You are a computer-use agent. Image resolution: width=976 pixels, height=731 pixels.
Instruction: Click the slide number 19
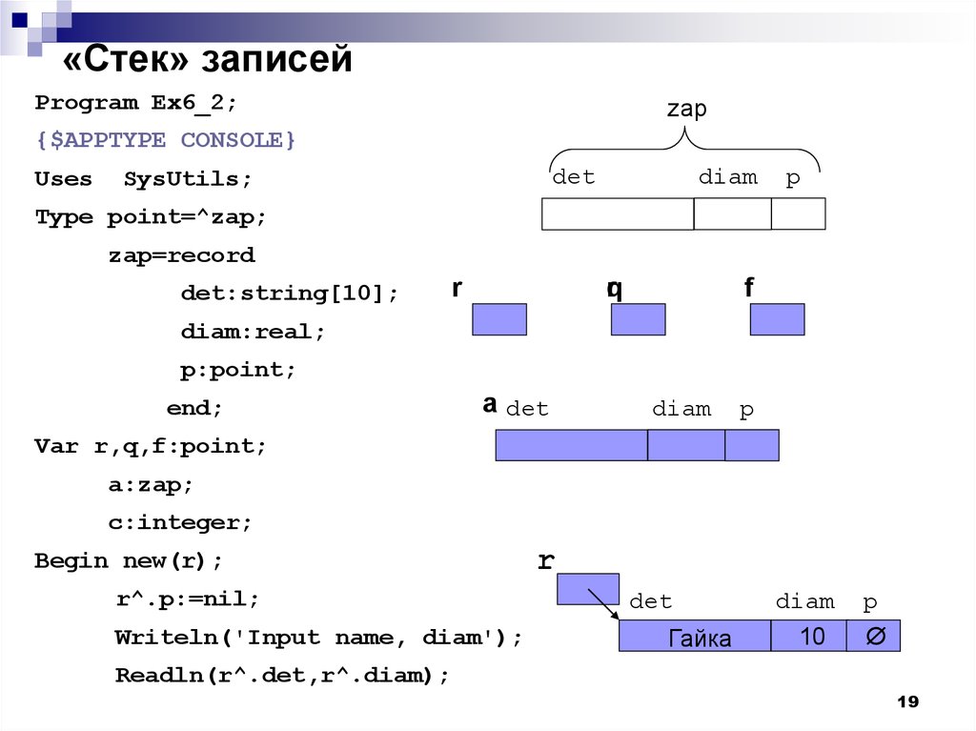[x=907, y=701]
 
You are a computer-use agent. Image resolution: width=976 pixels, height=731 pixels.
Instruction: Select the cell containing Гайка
[x=695, y=636]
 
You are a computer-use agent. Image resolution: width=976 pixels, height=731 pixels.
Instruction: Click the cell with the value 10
[x=808, y=636]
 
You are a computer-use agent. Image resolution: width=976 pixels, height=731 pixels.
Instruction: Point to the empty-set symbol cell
[x=873, y=636]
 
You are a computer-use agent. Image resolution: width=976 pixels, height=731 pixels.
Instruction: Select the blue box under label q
[x=638, y=319]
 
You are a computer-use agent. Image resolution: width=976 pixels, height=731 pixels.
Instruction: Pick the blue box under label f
[x=777, y=319]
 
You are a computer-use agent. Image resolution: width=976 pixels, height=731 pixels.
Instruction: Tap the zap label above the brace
[x=686, y=109]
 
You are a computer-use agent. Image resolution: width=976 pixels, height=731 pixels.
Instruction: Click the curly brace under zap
[x=684, y=147]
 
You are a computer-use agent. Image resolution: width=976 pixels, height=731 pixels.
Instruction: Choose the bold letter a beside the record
[x=490, y=405]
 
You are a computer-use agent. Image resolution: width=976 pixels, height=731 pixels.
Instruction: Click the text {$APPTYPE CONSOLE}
[x=165, y=140]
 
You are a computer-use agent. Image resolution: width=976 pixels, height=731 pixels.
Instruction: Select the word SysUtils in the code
[x=188, y=179]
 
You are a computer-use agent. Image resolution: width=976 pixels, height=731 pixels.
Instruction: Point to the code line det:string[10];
[x=289, y=294]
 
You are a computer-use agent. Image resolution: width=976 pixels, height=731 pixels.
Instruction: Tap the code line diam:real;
[x=253, y=332]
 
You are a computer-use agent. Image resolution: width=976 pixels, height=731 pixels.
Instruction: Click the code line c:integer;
[x=180, y=522]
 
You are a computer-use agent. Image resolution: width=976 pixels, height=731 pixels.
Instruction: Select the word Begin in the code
[x=71, y=561]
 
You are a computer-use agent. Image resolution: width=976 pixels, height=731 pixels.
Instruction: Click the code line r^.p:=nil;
[x=188, y=599]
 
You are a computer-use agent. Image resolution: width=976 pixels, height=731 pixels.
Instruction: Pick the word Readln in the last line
[x=159, y=676]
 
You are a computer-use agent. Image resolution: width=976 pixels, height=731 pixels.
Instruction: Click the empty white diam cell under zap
[x=732, y=213]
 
